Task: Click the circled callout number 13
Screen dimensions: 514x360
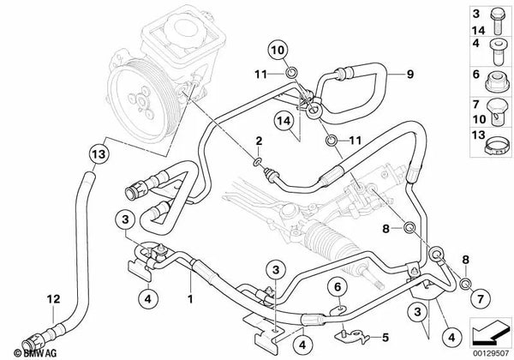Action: (99, 153)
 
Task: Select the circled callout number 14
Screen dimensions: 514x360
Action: (284, 121)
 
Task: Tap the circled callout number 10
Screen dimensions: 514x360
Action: (278, 51)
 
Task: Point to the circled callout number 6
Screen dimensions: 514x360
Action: (338, 287)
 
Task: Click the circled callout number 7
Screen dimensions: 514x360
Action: (481, 298)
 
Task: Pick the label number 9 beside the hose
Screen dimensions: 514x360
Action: (410, 74)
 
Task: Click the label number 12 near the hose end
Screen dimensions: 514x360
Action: (53, 299)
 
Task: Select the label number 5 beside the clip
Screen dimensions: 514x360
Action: (385, 337)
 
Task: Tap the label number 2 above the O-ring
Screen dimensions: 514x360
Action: (259, 141)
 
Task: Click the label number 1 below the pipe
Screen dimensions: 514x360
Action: (190, 299)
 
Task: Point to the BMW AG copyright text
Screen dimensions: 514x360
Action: (35, 353)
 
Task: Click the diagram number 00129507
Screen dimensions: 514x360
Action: (491, 353)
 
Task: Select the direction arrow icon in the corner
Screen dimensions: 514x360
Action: (491, 332)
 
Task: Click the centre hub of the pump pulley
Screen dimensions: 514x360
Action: (141, 101)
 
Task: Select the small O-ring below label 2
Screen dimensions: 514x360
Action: (258, 161)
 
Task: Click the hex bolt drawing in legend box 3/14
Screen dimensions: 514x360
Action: (497, 21)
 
